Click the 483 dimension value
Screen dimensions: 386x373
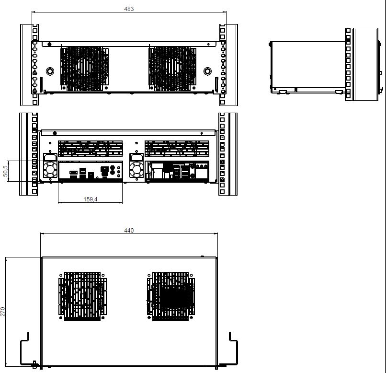[x=129, y=9]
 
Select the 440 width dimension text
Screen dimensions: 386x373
[x=129, y=230]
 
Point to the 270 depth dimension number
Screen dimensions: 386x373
[x=3, y=312]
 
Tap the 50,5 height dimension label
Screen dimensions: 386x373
[x=5, y=171]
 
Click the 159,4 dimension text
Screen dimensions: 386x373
[x=91, y=199]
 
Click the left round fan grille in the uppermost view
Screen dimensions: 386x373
[x=84, y=69]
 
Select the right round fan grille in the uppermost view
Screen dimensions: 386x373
[x=172, y=69]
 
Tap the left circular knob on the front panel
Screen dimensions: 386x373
[x=50, y=71]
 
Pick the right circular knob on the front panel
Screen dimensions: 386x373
[x=207, y=71]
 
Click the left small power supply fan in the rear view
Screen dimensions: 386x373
[x=50, y=170]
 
